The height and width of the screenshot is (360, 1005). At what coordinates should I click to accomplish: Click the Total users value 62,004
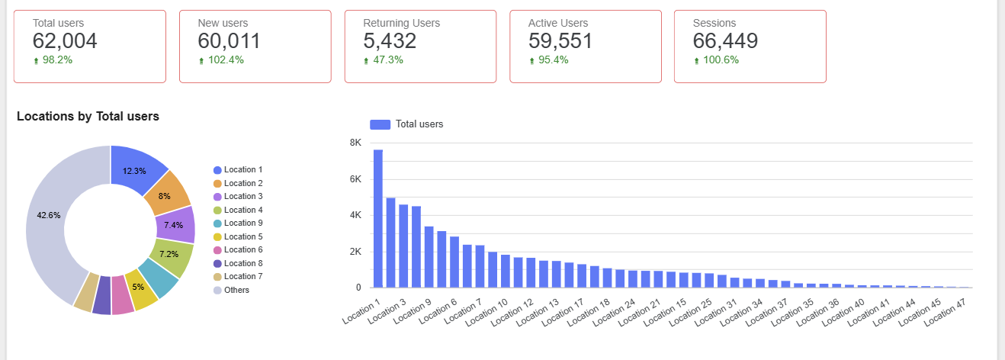tap(65, 41)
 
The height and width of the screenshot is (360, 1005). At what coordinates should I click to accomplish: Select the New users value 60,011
tap(229, 41)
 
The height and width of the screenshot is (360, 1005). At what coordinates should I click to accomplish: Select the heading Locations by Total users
tap(88, 117)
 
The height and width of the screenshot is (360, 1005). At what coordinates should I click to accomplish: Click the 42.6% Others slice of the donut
tap(49, 215)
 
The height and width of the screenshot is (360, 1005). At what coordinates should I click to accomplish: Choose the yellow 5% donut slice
tap(140, 287)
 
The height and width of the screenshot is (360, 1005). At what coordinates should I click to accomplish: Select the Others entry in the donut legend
tap(236, 290)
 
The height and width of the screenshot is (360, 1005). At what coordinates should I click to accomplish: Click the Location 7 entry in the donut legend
tap(242, 276)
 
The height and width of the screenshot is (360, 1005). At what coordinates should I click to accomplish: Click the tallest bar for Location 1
tap(377, 218)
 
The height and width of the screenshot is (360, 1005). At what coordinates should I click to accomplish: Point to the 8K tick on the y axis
tap(355, 143)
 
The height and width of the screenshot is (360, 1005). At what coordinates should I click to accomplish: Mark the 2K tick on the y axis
tap(355, 252)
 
